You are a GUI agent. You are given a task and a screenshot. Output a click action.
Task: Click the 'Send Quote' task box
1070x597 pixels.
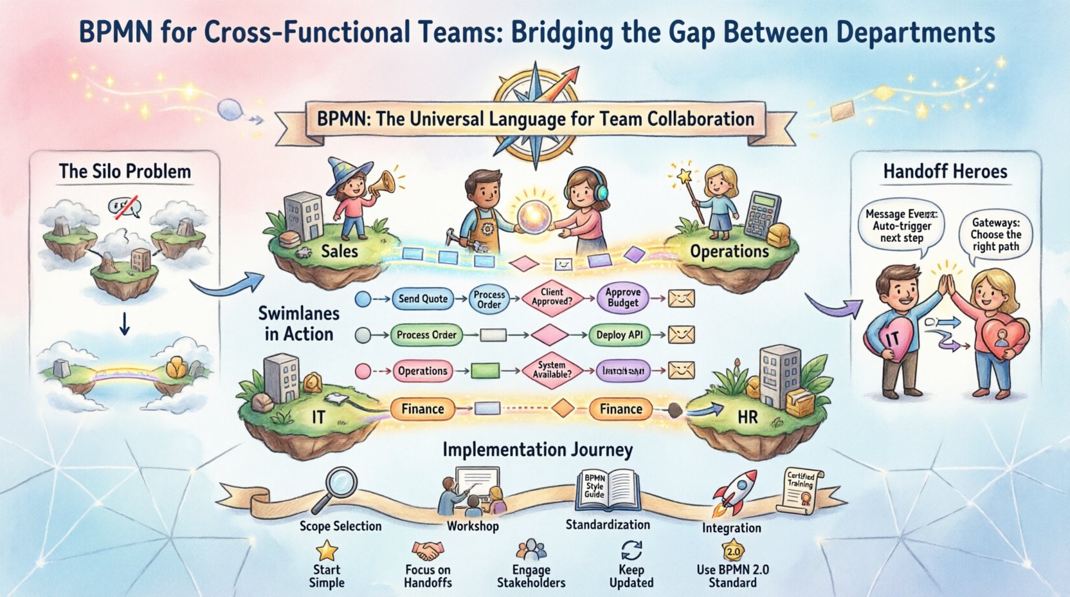422,298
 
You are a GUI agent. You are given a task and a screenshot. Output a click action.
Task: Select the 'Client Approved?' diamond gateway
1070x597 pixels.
552,297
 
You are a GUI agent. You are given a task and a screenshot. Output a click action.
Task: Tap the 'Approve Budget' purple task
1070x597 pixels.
622,297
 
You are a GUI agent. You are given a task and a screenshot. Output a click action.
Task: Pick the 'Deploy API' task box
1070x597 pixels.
619,335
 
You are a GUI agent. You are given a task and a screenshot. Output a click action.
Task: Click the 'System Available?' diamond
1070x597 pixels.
552,370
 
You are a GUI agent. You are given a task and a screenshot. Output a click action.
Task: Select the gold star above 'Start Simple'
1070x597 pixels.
327,550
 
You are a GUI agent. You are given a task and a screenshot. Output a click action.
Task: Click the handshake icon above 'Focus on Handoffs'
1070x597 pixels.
428,551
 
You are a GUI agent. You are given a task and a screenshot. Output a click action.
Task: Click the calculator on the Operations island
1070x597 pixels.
761,214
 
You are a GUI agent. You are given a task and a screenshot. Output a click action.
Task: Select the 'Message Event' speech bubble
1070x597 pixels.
901,226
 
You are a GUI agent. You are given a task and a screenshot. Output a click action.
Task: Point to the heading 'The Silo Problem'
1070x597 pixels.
125,172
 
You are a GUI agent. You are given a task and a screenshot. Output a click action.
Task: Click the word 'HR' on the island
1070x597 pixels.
747,417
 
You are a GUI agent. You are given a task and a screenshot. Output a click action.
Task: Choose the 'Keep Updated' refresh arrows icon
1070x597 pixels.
631,550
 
